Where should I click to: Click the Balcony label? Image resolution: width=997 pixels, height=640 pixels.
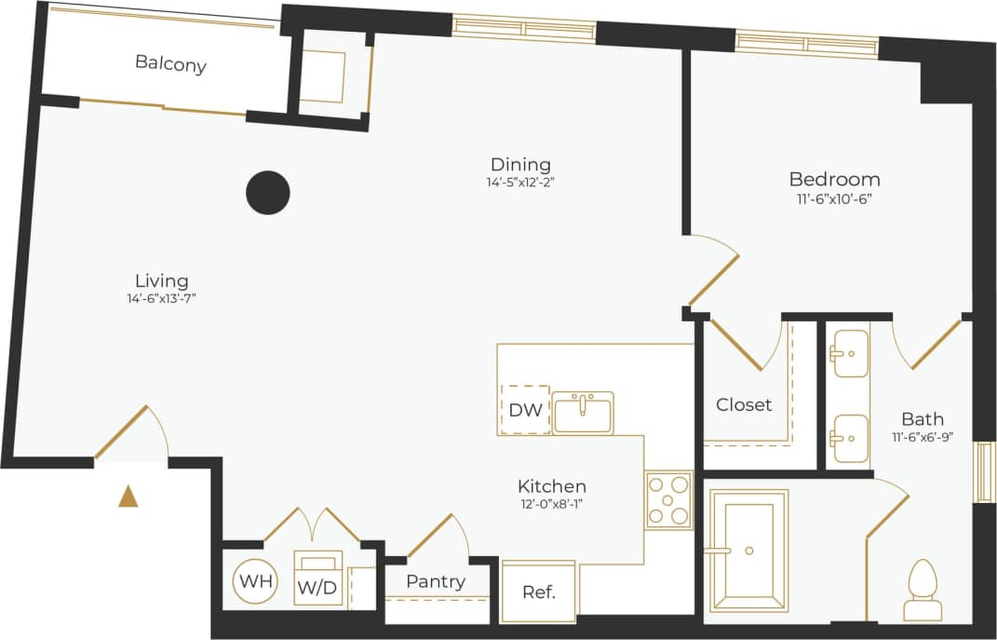pos(170,64)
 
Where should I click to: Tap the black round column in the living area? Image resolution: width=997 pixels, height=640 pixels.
pos(267,193)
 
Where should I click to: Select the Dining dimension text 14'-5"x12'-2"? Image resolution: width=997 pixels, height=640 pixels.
pos(520,183)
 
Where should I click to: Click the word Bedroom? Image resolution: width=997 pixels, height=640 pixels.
pos(834,179)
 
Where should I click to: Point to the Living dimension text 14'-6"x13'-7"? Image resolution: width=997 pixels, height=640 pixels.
pos(162,298)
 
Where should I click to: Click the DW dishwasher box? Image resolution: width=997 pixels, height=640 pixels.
pos(524,410)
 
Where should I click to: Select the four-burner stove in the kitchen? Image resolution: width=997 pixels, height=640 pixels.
pos(668,500)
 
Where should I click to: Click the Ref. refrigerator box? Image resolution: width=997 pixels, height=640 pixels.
pos(538,592)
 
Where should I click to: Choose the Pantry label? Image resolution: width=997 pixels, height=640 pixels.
pos(436,581)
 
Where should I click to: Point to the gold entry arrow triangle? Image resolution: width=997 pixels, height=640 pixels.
pos(128,497)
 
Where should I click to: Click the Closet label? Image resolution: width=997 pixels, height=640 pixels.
pos(744,404)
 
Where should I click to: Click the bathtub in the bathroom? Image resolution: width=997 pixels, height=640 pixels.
pos(748,551)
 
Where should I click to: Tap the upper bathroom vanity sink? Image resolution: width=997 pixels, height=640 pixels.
pos(849,354)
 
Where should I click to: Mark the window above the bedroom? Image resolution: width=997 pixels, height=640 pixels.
pos(806,43)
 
